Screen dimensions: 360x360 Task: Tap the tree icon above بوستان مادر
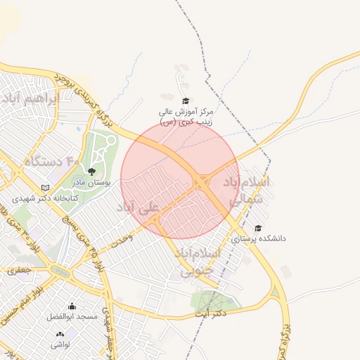(x=91, y=171)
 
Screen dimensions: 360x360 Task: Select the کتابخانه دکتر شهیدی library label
(x=77, y=198)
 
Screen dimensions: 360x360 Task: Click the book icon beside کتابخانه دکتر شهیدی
(x=46, y=188)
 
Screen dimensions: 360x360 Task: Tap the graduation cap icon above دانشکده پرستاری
(x=258, y=228)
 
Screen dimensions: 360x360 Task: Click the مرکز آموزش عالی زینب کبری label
(x=186, y=117)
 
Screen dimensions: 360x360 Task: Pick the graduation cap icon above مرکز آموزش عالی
(x=186, y=101)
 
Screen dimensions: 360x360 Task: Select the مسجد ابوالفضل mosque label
(x=72, y=318)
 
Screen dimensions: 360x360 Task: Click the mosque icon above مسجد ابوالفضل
(x=72, y=307)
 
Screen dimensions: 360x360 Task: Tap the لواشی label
(x=60, y=345)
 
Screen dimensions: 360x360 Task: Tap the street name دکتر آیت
(x=211, y=314)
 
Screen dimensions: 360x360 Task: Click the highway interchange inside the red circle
(x=202, y=182)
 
